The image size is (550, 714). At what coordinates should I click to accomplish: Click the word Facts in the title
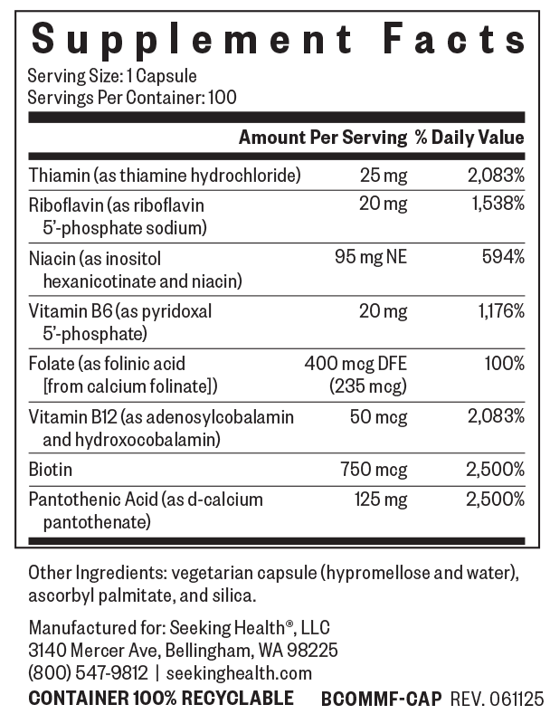pyautogui.click(x=455, y=38)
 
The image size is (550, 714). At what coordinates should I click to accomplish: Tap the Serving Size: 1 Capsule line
pyautogui.click(x=112, y=76)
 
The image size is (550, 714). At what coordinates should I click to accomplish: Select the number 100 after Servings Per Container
pyautogui.click(x=223, y=98)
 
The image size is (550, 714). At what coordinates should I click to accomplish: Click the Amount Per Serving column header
pyautogui.click(x=323, y=137)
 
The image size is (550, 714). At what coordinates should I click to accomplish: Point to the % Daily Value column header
pyautogui.click(x=469, y=137)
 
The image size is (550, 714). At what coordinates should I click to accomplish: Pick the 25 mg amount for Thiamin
pyautogui.click(x=384, y=176)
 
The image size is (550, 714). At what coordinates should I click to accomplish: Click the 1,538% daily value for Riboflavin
pyautogui.click(x=498, y=204)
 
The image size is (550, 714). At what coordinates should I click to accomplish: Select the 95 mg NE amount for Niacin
pyautogui.click(x=371, y=257)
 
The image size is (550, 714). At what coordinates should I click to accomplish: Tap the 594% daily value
pyautogui.click(x=504, y=257)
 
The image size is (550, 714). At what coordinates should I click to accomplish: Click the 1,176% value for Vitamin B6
pyautogui.click(x=501, y=311)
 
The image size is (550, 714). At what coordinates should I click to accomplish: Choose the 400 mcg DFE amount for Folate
pyautogui.click(x=356, y=364)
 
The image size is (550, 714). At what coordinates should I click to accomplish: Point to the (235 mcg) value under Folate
pyautogui.click(x=368, y=386)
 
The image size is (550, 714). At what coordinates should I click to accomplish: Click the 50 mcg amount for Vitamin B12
pyautogui.click(x=378, y=417)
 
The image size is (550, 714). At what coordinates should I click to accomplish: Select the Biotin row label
pyautogui.click(x=50, y=469)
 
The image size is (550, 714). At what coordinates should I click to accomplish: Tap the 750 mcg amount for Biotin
pyautogui.click(x=374, y=470)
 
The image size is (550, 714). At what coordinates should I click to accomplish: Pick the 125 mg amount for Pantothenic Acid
pyautogui.click(x=381, y=500)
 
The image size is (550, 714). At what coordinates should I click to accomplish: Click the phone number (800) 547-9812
pyautogui.click(x=89, y=673)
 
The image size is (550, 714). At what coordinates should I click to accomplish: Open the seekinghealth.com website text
pyautogui.click(x=239, y=673)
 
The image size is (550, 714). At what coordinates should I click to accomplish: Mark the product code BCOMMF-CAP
pyautogui.click(x=382, y=699)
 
